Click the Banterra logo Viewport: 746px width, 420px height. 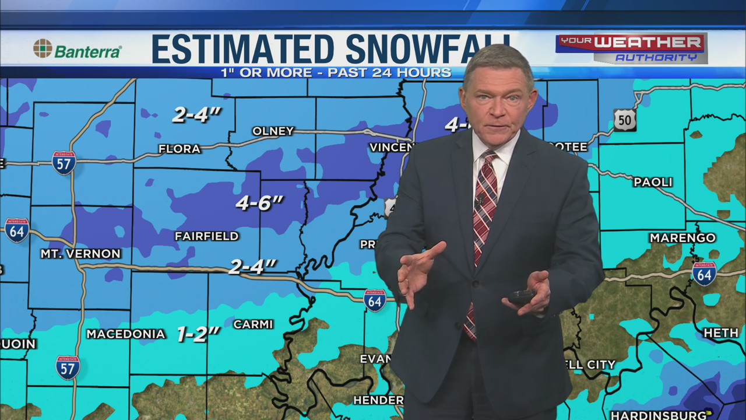(x=77, y=50)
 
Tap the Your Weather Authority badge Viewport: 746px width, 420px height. (x=631, y=48)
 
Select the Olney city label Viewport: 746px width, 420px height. (x=273, y=131)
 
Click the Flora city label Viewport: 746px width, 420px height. (x=180, y=149)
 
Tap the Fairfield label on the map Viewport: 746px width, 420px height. (x=207, y=236)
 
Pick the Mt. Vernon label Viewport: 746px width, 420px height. (x=80, y=254)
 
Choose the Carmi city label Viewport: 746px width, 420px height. (x=253, y=324)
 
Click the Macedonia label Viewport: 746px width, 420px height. (x=126, y=334)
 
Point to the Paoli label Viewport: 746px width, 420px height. (x=653, y=183)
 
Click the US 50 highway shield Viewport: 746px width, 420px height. (x=624, y=120)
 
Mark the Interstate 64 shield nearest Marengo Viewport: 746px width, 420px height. (x=704, y=274)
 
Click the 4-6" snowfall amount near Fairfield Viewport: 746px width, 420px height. (x=259, y=203)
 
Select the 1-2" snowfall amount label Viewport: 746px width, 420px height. (x=198, y=334)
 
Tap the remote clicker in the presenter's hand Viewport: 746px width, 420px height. (x=520, y=297)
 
